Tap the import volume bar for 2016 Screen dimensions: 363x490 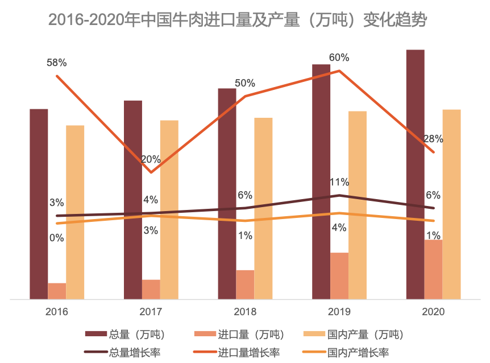click(x=57, y=291)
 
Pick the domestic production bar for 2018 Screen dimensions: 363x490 click(x=263, y=208)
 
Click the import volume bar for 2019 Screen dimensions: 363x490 click(x=339, y=275)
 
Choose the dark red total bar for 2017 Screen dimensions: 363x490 click(x=133, y=199)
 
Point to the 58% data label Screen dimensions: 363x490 click(x=57, y=62)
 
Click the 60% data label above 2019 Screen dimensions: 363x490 click(x=339, y=57)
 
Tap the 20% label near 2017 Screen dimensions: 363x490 click(x=151, y=159)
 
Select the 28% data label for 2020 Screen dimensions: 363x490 click(x=433, y=139)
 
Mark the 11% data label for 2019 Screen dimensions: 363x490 click(x=339, y=182)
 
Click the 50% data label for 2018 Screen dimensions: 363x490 click(x=245, y=83)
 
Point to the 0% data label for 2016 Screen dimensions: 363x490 click(x=57, y=238)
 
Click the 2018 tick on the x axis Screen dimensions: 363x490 click(x=245, y=312)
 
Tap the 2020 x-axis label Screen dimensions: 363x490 click(x=433, y=312)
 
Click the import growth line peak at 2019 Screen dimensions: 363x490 click(x=339, y=71)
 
